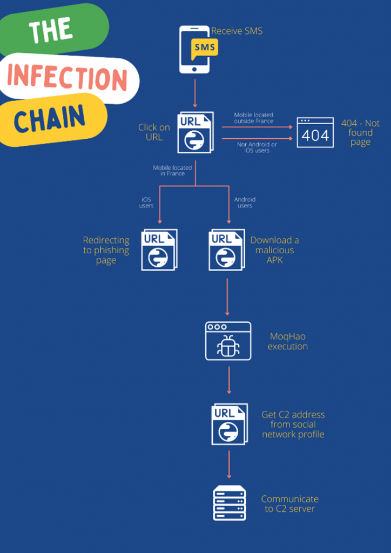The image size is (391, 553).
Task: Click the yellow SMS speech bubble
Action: coord(205,48)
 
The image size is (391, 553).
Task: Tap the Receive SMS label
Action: coord(237,31)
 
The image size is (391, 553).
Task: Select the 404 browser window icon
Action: coord(315,132)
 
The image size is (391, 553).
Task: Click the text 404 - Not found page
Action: coord(360,133)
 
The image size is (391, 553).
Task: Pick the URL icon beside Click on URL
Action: coord(195,132)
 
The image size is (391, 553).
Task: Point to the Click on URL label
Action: coord(154,132)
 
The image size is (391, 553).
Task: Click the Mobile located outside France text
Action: coord(254,118)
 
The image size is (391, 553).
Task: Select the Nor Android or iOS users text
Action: coord(257,147)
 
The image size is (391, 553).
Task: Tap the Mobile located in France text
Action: coord(172,170)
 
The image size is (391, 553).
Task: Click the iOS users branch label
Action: coord(146,203)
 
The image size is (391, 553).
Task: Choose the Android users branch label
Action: coord(245,203)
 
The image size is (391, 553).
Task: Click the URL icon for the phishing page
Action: coord(159,249)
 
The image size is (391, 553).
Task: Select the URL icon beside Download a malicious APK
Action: coord(227,249)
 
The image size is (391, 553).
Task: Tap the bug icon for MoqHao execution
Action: coord(228,341)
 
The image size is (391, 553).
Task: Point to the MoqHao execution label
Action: coord(288,341)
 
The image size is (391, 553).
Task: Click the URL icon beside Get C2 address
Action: coord(230,424)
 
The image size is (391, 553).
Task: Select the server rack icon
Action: coord(230,503)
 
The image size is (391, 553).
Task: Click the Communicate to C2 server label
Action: coord(290,504)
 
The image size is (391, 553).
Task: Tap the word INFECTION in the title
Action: coord(67,78)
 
